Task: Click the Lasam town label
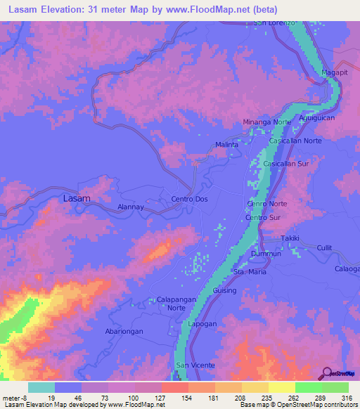pos(77,198)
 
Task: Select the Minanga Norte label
pos(266,122)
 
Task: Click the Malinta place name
pos(226,145)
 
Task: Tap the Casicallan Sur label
pos(286,163)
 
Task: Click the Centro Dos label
pos(190,200)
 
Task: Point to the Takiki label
pos(290,239)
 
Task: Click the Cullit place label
pos(324,247)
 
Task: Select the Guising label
pos(224,290)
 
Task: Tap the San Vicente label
pos(190,365)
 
